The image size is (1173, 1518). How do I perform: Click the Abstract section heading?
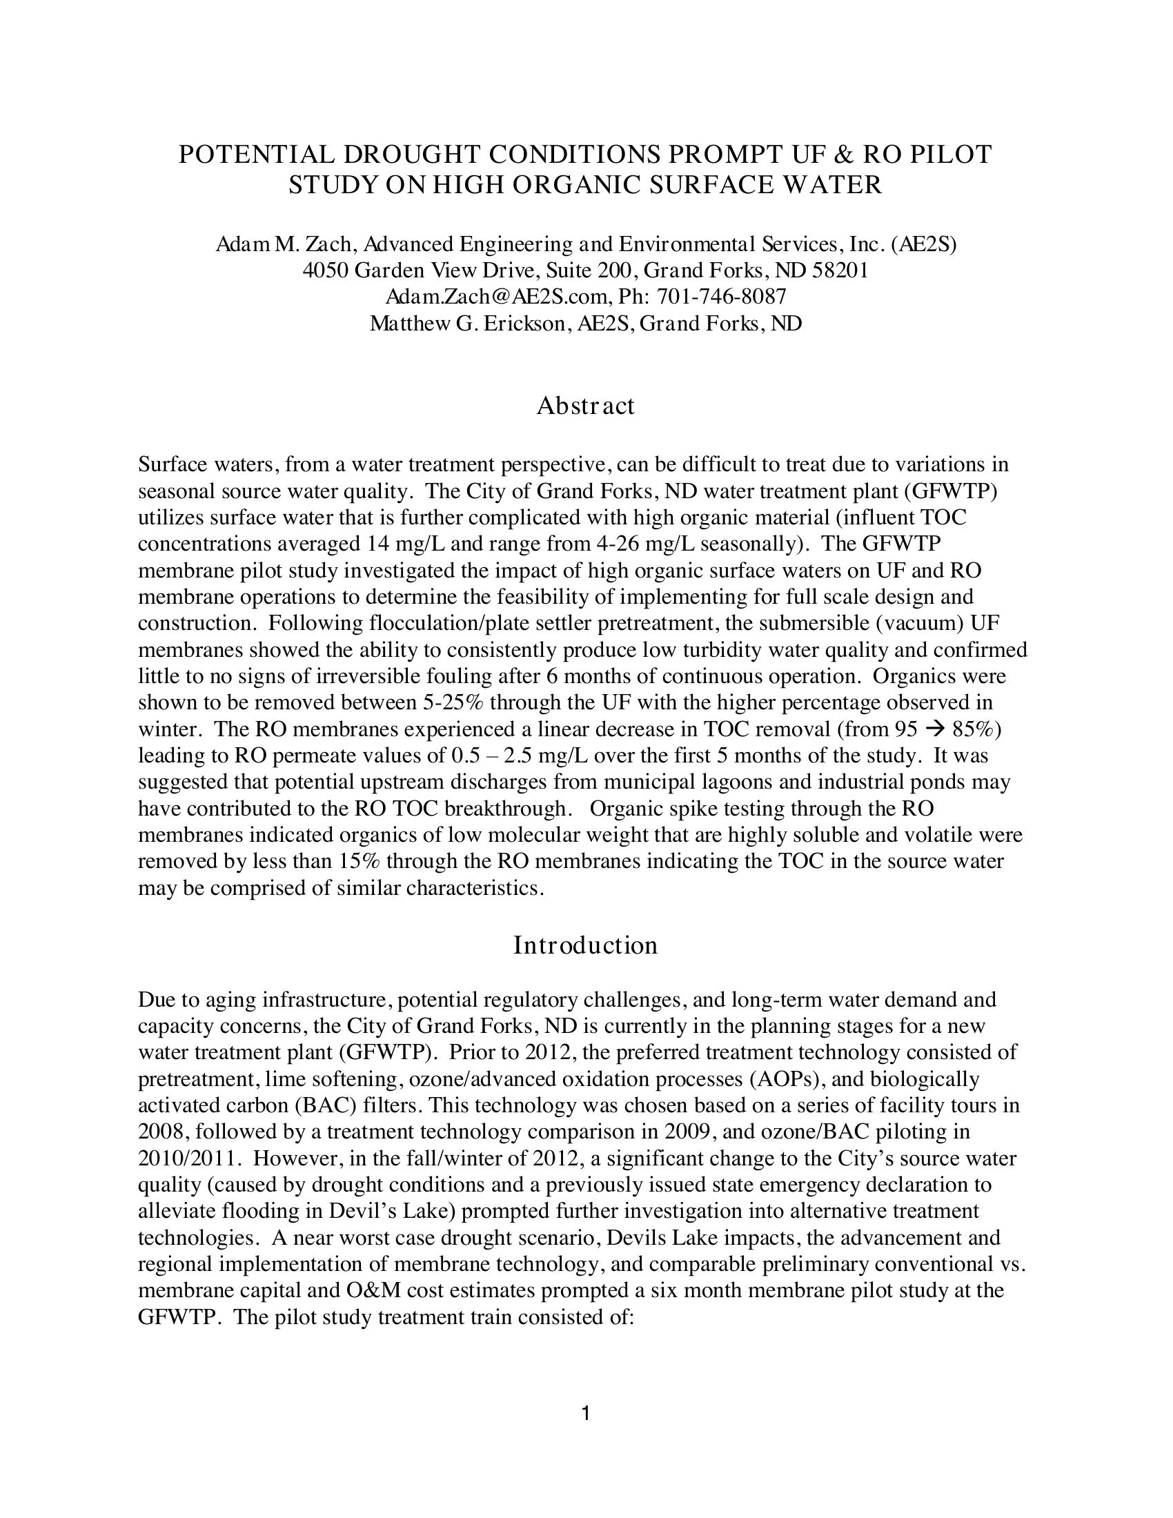point(585,406)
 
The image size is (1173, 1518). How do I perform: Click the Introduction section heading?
point(585,945)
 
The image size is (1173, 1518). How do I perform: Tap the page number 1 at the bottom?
point(586,1413)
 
